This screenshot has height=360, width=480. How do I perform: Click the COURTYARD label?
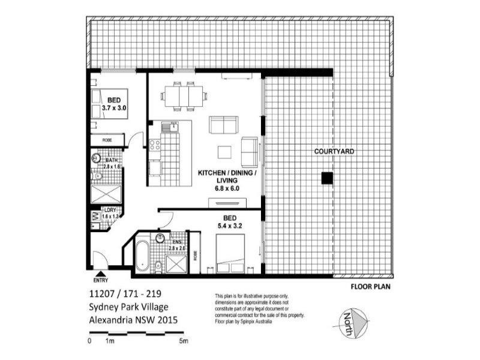(334, 152)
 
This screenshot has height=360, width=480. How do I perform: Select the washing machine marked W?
(94, 215)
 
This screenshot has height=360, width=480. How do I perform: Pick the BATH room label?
(112, 160)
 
